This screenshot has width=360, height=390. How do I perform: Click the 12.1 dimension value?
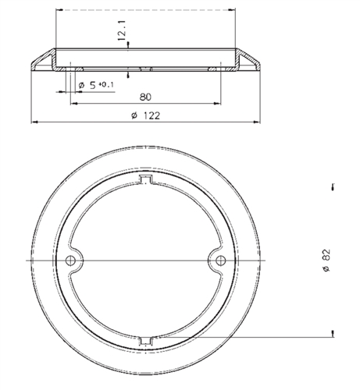pos(122,30)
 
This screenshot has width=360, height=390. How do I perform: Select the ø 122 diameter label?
pos(146,115)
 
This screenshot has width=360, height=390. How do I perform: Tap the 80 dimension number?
pos(145,97)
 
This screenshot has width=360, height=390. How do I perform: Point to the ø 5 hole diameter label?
pos(87,85)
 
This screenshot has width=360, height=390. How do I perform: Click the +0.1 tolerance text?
pos(106,84)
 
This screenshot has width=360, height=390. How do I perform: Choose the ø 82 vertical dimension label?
pos(326,261)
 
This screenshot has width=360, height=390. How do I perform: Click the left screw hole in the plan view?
pos(70,261)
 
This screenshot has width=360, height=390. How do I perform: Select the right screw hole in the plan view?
pos(221,261)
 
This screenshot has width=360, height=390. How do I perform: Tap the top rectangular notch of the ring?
pos(146,179)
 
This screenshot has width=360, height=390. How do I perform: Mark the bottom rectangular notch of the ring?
pos(146,341)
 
